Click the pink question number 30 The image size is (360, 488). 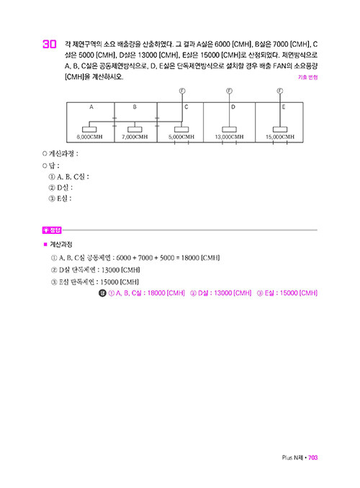(x=50, y=44)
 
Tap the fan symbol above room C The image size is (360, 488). (x=182, y=91)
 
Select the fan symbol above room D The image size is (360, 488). (x=229, y=91)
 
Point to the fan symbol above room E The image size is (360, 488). (x=280, y=91)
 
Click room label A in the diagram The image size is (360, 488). (x=91, y=107)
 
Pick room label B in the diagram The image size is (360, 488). (x=135, y=107)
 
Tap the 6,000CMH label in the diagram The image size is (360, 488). (x=90, y=137)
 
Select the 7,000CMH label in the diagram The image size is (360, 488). (x=135, y=137)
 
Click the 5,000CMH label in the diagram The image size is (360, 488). (x=181, y=137)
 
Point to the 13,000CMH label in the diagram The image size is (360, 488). (x=229, y=137)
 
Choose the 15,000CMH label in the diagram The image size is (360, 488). (x=280, y=137)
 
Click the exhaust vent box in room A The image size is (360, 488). (x=89, y=130)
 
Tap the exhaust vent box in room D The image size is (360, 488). (x=229, y=130)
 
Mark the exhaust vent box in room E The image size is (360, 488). (x=280, y=130)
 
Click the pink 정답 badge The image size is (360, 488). (x=52, y=230)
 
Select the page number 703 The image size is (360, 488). (x=312, y=458)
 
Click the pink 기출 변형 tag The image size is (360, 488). (x=307, y=77)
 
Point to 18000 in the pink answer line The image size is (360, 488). (x=156, y=293)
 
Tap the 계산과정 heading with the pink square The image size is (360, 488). (x=58, y=245)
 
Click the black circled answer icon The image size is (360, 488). (x=102, y=293)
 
